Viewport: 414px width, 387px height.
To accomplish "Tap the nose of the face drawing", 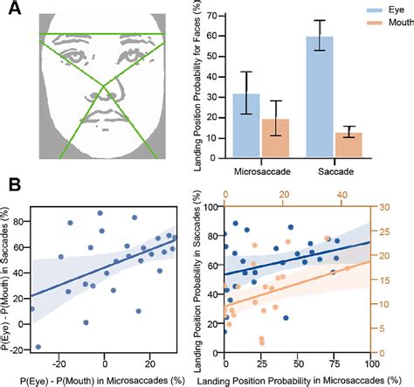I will coord(104,87).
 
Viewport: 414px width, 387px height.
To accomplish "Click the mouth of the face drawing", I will coord(104,117).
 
